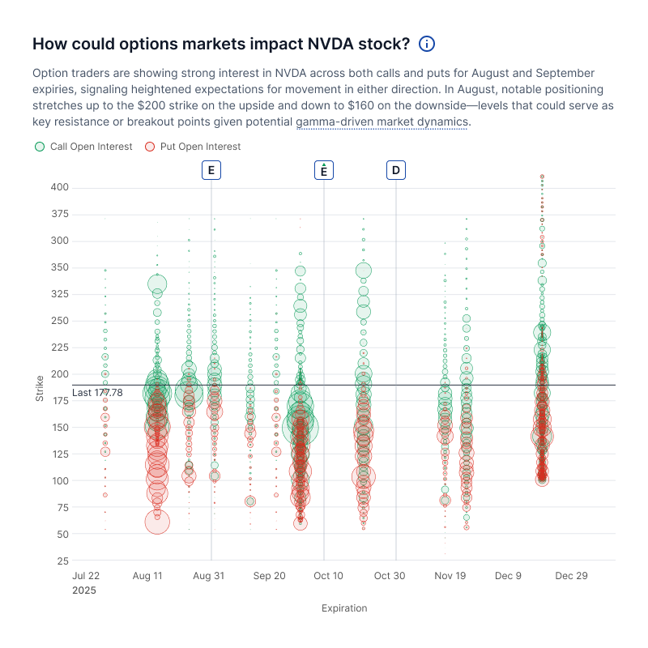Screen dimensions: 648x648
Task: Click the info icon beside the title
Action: (x=427, y=44)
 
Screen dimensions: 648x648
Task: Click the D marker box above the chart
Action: (x=396, y=170)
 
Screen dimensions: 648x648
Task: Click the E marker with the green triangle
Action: (x=324, y=170)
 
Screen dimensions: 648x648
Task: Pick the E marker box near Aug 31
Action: (x=211, y=170)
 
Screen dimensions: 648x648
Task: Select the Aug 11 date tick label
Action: (x=148, y=576)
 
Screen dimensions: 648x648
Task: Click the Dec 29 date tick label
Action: (x=571, y=576)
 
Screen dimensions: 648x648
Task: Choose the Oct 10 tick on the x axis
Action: (x=328, y=576)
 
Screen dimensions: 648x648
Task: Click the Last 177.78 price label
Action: (x=97, y=393)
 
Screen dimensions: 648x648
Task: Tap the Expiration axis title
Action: (x=344, y=608)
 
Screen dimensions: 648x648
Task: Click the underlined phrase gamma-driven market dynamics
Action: (x=382, y=122)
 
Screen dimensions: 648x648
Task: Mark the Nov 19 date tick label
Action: (x=450, y=576)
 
